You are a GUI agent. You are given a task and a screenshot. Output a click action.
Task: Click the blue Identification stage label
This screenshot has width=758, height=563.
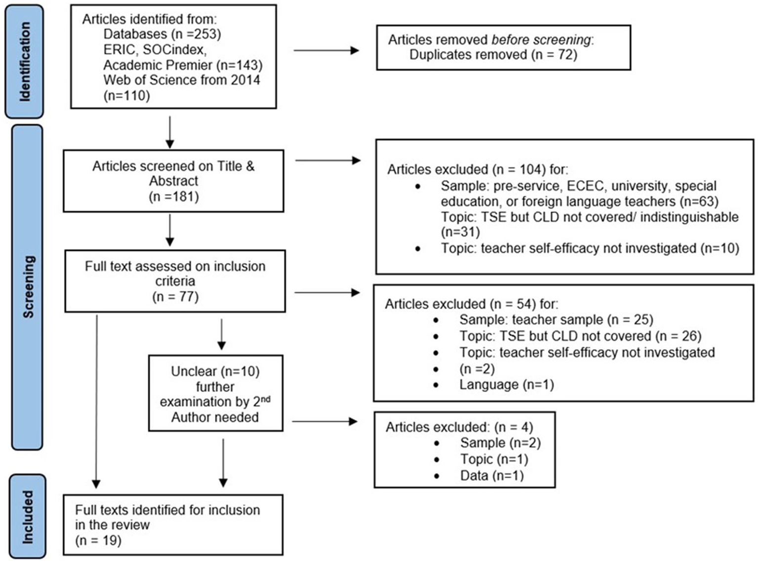(24, 62)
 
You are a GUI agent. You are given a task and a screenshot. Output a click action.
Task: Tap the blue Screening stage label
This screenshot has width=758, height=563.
(28, 287)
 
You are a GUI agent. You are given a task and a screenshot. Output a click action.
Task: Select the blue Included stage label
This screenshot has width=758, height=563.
(28, 517)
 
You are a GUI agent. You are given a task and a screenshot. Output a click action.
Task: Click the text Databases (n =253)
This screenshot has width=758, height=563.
(162, 34)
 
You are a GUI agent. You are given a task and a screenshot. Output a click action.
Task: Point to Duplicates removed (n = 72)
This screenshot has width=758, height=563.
(493, 54)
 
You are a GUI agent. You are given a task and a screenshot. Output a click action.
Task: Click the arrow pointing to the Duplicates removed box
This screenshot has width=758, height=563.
(326, 50)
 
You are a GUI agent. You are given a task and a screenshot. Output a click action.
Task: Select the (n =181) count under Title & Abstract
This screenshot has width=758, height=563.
(174, 197)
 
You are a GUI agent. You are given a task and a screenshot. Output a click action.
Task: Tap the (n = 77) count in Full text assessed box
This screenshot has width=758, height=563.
(175, 297)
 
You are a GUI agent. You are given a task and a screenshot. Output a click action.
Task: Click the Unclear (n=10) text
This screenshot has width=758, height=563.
(215, 371)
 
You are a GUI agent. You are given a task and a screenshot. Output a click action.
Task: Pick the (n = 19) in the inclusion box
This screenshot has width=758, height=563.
(98, 540)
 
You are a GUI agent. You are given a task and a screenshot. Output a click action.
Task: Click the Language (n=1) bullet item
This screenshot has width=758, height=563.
(506, 385)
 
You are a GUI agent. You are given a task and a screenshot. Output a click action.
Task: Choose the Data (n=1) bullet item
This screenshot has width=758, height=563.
(492, 476)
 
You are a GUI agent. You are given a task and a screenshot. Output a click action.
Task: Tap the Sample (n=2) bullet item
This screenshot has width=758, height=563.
(500, 443)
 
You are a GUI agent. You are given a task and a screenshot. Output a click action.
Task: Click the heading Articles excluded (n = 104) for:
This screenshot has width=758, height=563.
(478, 170)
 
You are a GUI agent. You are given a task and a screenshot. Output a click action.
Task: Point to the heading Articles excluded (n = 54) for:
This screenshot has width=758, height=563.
(472, 304)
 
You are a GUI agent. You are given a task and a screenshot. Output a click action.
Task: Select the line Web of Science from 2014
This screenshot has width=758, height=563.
(182, 80)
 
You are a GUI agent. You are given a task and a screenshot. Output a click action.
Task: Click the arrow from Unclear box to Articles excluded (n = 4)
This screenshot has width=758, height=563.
(324, 421)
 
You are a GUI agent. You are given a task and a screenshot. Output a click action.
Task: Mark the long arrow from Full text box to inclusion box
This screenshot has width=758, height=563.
(96, 400)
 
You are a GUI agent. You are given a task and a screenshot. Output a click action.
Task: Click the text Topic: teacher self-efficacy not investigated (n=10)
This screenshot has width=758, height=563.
(590, 248)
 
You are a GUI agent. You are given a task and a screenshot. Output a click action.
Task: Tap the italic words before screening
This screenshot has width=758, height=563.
(541, 40)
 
